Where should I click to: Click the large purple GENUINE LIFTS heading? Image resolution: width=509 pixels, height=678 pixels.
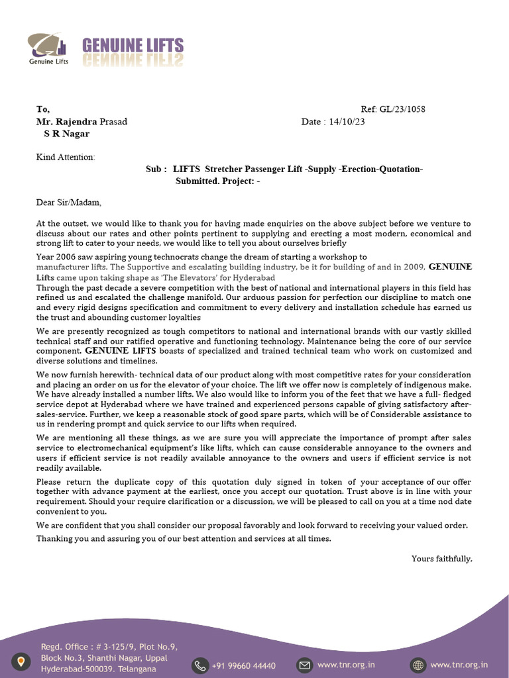pyautogui.click(x=133, y=46)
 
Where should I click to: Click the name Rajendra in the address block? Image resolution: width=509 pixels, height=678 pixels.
pyautogui.click(x=77, y=122)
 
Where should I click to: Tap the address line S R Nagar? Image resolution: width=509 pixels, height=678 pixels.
pyautogui.click(x=66, y=134)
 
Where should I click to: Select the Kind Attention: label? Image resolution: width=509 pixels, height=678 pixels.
pyautogui.click(x=65, y=157)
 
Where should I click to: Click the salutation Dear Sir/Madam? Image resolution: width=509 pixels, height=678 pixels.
pyautogui.click(x=69, y=203)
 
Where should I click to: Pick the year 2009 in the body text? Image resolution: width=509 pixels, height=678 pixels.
pyautogui.click(x=412, y=267)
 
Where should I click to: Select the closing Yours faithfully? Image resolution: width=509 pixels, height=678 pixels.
pyautogui.click(x=441, y=559)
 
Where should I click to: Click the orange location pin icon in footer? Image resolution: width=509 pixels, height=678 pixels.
pyautogui.click(x=23, y=661)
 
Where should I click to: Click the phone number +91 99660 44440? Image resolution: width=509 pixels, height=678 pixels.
pyautogui.click(x=244, y=665)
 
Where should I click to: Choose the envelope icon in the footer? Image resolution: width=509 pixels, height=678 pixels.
pyautogui.click(x=304, y=665)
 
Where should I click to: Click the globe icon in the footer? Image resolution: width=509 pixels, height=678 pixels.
pyautogui.click(x=418, y=665)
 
